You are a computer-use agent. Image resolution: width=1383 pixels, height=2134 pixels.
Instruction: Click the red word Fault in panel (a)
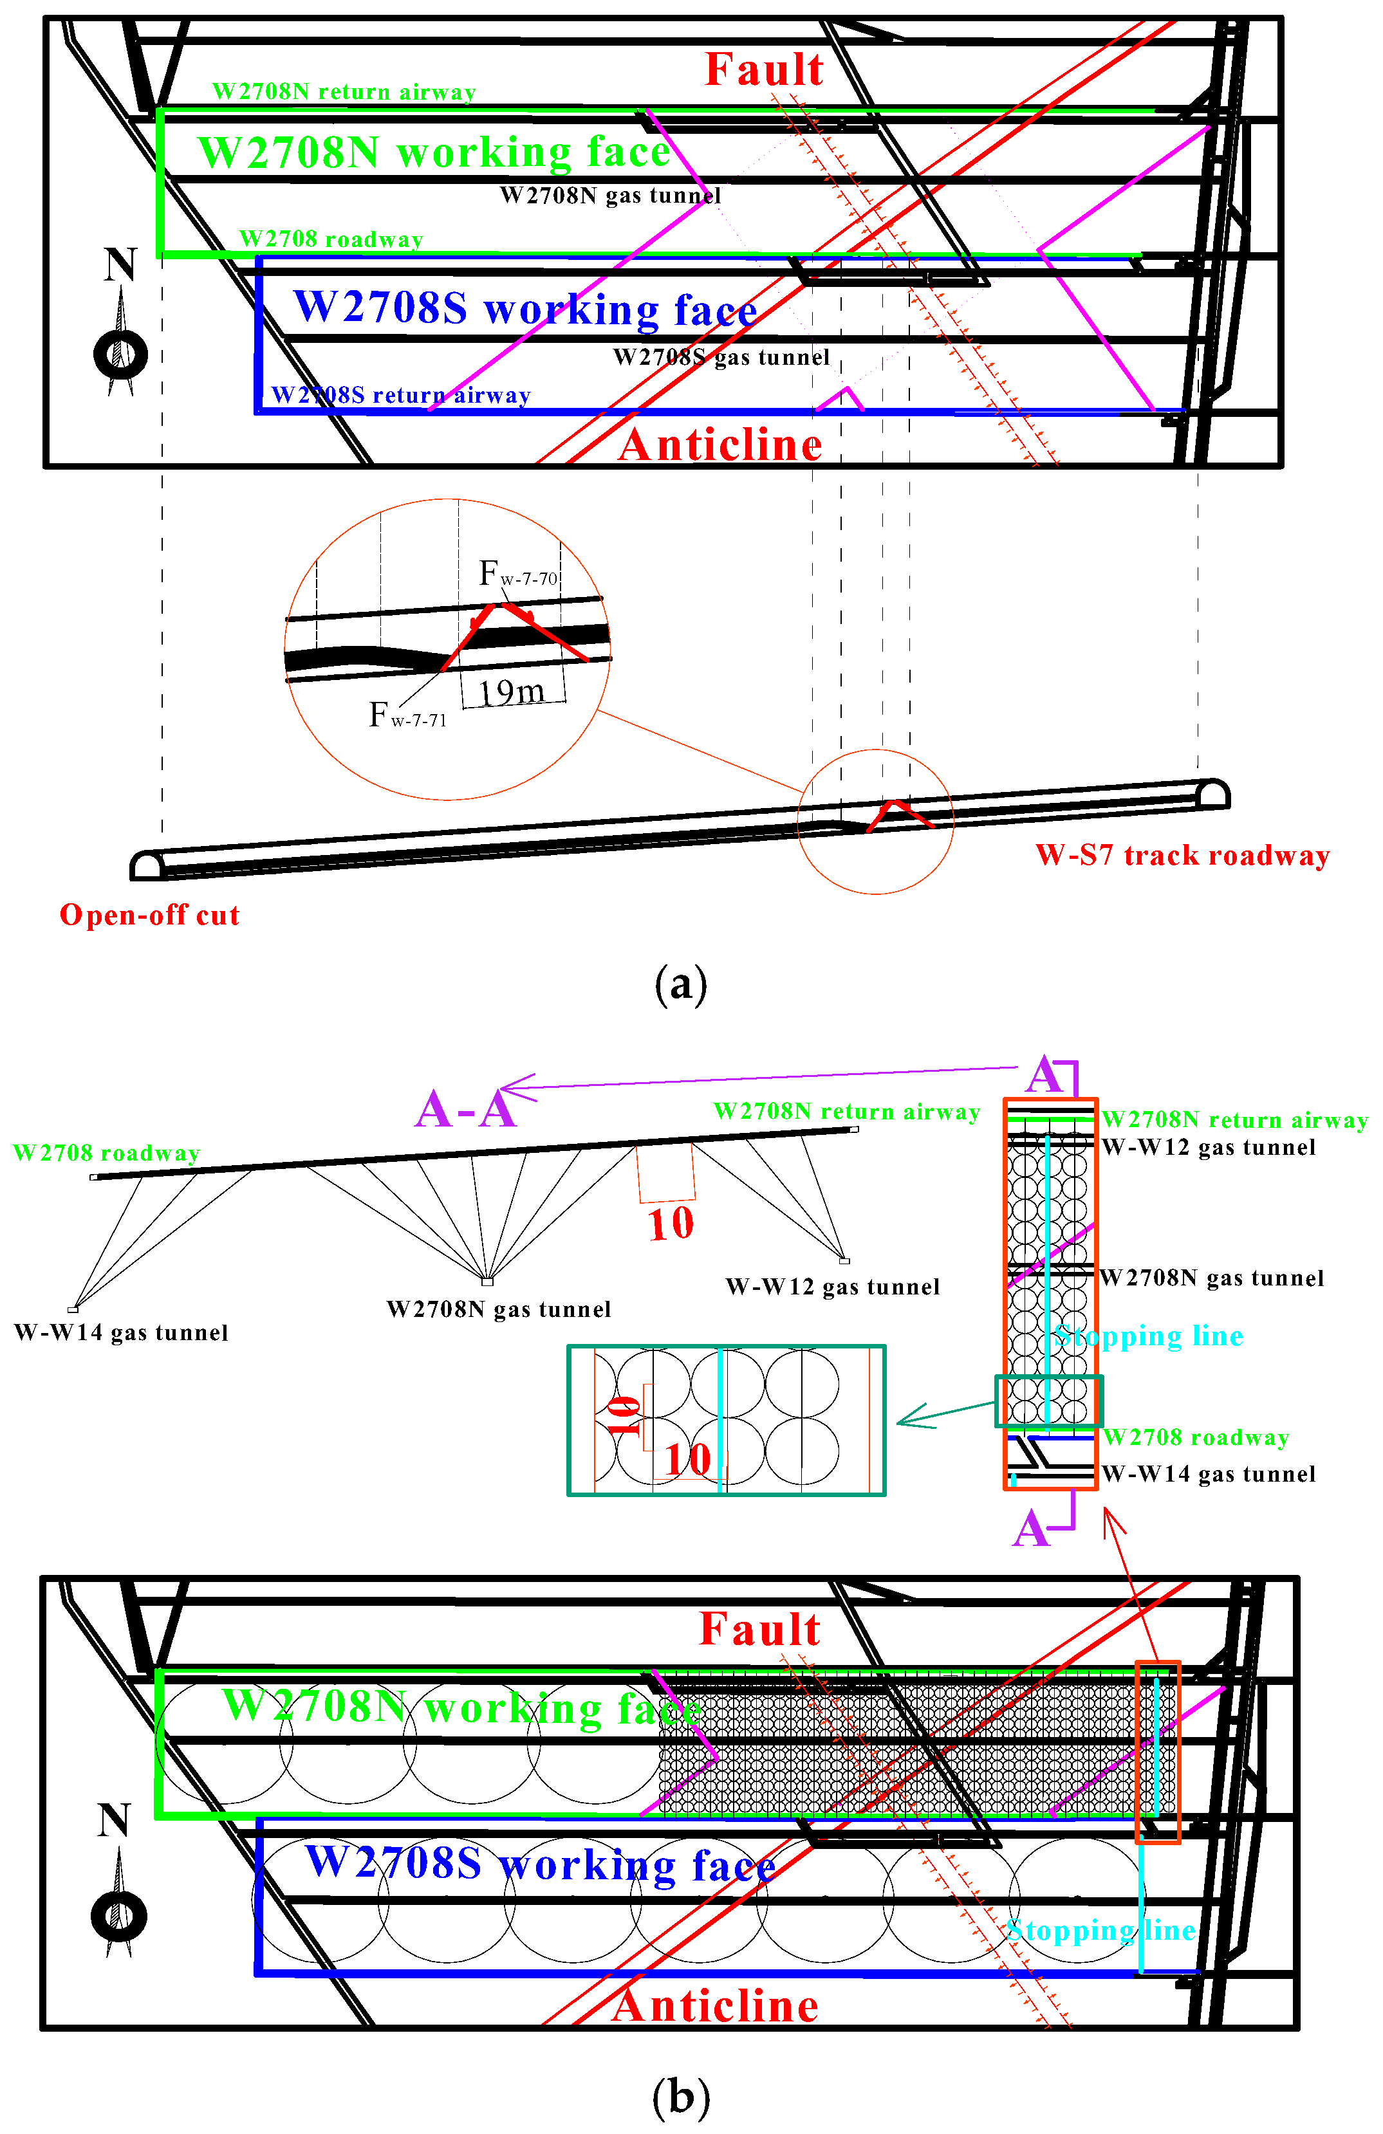click(x=763, y=70)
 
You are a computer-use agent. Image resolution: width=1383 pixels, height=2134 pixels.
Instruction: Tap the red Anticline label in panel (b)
click(x=715, y=2006)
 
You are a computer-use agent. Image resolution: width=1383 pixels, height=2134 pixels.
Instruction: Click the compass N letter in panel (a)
click(x=120, y=266)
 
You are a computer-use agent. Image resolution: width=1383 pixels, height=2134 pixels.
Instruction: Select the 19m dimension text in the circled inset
click(x=511, y=692)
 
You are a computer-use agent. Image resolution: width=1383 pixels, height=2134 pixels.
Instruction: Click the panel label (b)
click(x=681, y=2097)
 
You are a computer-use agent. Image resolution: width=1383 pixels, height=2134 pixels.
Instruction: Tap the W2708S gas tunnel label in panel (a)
click(x=721, y=358)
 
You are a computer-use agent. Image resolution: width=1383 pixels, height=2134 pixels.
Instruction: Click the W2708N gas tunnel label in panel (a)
click(x=610, y=196)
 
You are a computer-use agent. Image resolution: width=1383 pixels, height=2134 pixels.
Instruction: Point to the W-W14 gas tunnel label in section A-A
click(x=121, y=1333)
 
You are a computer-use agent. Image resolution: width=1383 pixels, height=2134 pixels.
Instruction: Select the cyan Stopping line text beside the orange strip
click(x=1149, y=1336)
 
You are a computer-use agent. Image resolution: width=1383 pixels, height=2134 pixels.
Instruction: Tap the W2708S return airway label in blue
click(x=401, y=396)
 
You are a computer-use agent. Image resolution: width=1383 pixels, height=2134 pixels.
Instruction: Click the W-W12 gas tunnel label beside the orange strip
click(x=1208, y=1148)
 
